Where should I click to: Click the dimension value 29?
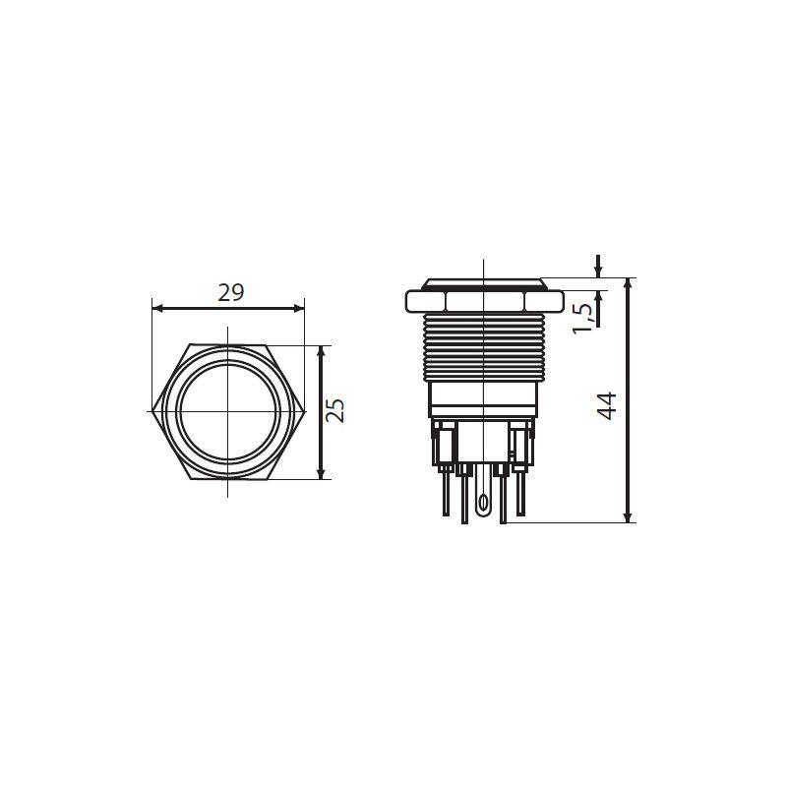pos(231,292)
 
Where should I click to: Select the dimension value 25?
pos(334,410)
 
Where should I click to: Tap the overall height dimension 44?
pos(606,405)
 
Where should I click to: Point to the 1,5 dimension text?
pos(582,319)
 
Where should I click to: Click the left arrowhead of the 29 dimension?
pos(157,308)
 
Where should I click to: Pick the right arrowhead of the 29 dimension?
pos(299,308)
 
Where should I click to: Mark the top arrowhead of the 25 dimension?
pos(322,352)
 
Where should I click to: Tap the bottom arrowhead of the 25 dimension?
pos(322,473)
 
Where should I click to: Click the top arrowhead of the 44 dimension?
pos(627,283)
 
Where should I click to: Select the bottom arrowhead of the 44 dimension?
pos(627,516)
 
